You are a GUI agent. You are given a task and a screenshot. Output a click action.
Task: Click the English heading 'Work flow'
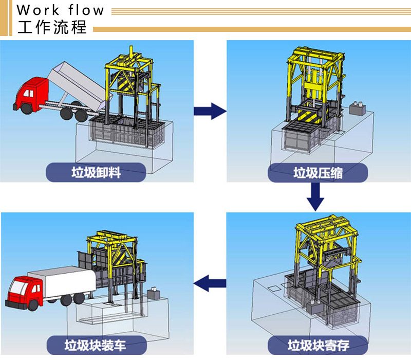click(x=60, y=10)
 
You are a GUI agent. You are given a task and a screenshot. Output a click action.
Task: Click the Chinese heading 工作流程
click(x=52, y=27)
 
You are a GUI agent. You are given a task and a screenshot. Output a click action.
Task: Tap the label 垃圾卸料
click(x=96, y=172)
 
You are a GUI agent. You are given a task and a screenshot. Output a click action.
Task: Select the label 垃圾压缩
click(x=317, y=173)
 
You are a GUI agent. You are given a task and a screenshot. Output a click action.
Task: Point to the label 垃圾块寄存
click(x=318, y=345)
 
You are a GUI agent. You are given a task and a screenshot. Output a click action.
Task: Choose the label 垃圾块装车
click(x=96, y=345)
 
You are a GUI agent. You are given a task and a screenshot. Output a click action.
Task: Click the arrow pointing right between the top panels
click(x=210, y=111)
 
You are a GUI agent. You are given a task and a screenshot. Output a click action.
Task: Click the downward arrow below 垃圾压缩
click(x=315, y=196)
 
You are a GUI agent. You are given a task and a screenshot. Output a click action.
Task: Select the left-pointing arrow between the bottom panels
click(x=210, y=283)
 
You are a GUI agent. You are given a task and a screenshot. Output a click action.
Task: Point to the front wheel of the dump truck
click(x=27, y=109)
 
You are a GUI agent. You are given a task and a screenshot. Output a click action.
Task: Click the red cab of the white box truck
click(x=25, y=292)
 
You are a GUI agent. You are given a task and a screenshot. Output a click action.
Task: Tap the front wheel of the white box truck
click(x=33, y=305)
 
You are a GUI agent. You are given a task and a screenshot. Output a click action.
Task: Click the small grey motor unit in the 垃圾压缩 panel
click(x=358, y=108)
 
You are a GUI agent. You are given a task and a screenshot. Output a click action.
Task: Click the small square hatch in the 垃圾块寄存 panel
click(x=275, y=289)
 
